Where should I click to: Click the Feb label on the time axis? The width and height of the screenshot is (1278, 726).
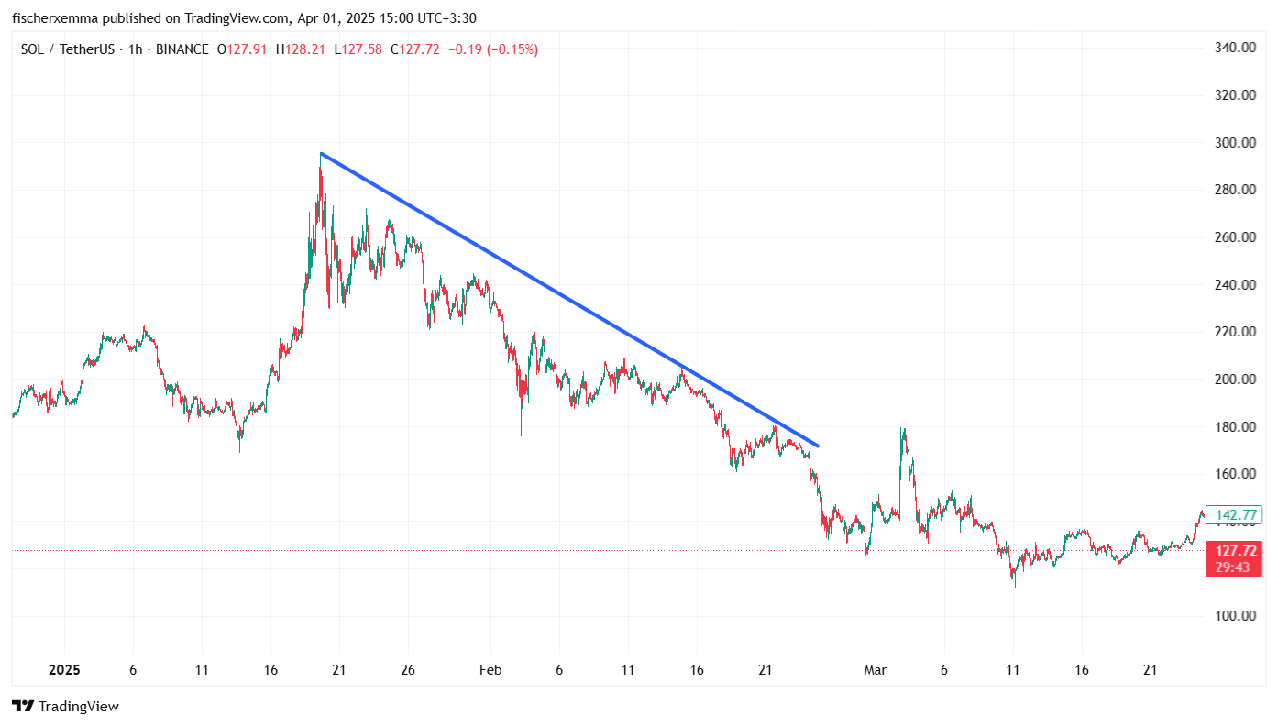(490, 670)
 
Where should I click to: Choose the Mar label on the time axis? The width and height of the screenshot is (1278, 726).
(876, 670)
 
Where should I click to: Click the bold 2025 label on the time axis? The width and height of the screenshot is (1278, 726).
(64, 670)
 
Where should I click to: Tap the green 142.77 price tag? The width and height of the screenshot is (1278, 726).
(1232, 515)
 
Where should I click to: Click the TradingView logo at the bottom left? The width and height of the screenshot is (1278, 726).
(65, 706)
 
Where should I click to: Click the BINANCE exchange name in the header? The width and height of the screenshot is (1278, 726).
(182, 49)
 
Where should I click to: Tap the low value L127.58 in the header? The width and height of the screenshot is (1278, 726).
(359, 49)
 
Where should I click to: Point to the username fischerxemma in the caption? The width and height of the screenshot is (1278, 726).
(52, 17)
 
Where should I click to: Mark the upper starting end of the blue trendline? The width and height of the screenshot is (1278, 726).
(321, 153)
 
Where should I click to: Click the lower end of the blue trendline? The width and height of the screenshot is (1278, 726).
(817, 446)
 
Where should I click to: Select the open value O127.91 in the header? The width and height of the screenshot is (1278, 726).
(242, 49)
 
